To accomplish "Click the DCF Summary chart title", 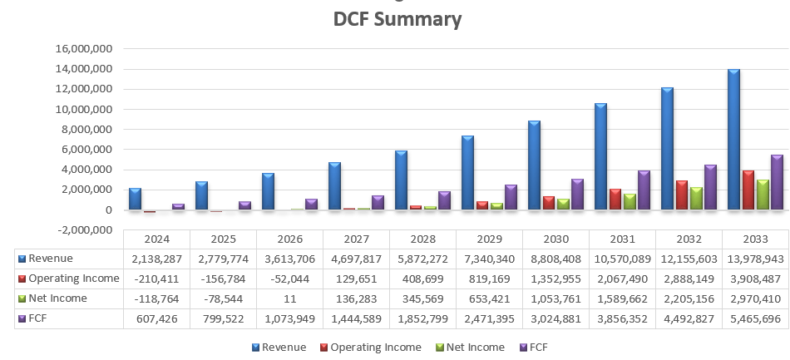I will (x=397, y=19).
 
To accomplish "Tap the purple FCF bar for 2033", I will (x=776, y=182).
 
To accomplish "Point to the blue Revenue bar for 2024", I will (x=135, y=199).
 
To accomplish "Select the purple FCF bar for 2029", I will (x=510, y=197).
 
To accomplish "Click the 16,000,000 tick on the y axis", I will (x=83, y=49).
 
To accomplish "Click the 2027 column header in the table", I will (x=356, y=239).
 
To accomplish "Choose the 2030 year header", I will (x=555, y=239).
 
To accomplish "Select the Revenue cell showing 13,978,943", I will (x=755, y=259).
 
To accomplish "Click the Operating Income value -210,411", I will (x=156, y=279).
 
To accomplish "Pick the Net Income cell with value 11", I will (x=289, y=298).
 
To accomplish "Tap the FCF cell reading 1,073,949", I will (x=289, y=318).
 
